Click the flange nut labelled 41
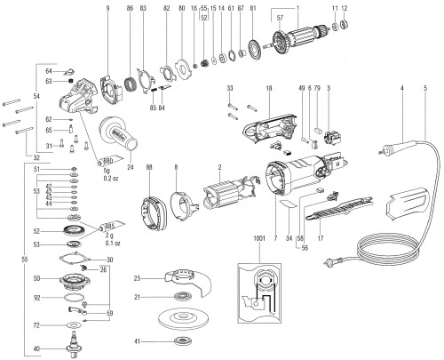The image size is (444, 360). (187, 341)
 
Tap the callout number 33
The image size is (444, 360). (230, 88)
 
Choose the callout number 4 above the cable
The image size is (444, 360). (402, 87)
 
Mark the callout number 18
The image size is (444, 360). (269, 88)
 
